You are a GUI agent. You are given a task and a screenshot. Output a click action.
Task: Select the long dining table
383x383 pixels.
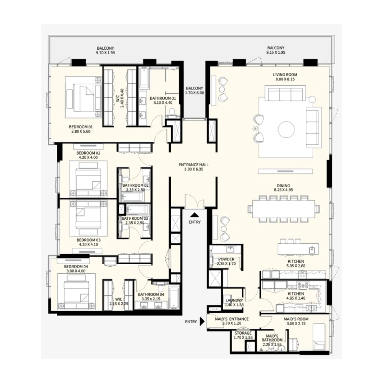pyautogui.click(x=283, y=209)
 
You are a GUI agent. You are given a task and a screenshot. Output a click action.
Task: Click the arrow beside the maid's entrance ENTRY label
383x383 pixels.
pyautogui.click(x=202, y=322)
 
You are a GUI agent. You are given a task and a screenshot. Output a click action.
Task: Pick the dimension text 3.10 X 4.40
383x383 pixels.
pyautogui.click(x=163, y=103)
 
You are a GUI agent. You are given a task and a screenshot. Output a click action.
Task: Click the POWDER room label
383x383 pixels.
pyautogui.click(x=226, y=259)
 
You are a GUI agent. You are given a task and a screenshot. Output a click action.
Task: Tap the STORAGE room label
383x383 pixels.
pyautogui.click(x=243, y=333)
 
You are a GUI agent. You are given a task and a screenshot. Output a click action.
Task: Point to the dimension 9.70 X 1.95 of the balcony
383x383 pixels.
pyautogui.click(x=105, y=53)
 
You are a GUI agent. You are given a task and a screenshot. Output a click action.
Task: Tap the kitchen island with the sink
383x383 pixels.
pyautogui.click(x=298, y=250)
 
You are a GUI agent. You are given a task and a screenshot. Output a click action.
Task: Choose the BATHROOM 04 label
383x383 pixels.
pyautogui.click(x=149, y=294)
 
